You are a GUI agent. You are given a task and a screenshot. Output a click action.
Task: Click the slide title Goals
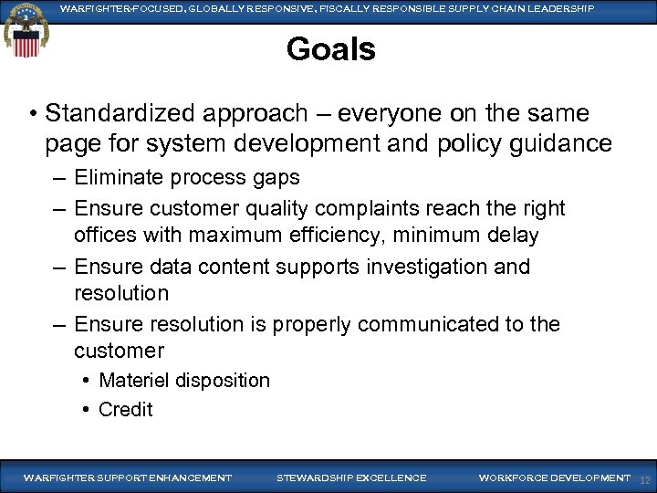(330, 49)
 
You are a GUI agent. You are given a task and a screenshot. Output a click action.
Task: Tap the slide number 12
(645, 480)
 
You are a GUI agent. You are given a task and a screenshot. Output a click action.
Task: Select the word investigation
(416, 267)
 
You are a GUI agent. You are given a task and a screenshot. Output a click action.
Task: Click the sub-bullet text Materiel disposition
(183, 380)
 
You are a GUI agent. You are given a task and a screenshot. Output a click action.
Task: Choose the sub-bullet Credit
(125, 409)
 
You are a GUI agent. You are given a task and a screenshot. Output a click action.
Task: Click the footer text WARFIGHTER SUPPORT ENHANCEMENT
(127, 478)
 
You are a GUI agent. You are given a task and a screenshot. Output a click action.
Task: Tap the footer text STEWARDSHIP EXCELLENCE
(350, 478)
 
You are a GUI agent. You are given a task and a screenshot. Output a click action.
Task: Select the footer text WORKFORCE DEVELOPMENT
(554, 478)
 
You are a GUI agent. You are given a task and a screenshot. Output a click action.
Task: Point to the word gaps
(276, 177)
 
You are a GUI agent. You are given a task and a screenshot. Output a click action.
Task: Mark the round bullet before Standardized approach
(32, 114)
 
